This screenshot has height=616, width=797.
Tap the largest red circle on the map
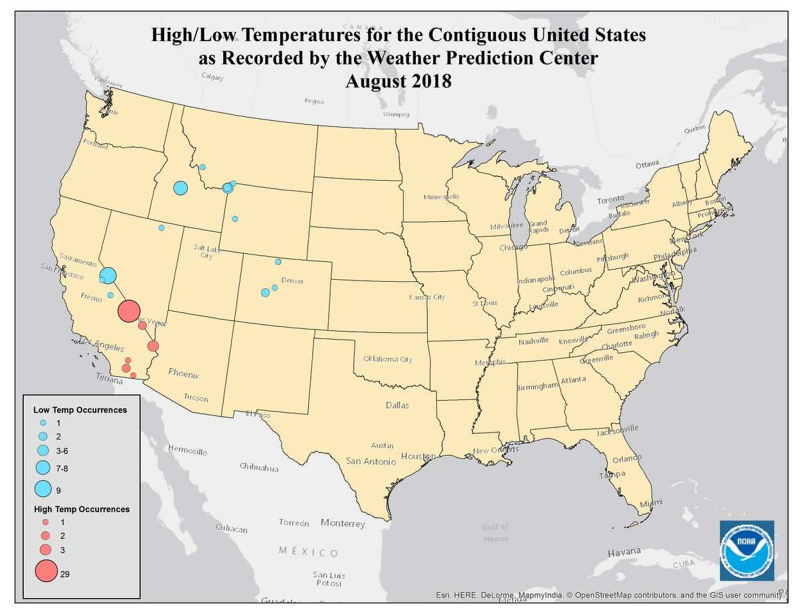coord(129,310)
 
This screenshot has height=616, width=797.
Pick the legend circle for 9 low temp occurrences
coord(43,489)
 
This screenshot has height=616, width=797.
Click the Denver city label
coord(292,281)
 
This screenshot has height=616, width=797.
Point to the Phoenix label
coord(184,374)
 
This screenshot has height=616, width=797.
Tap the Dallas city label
coord(397,405)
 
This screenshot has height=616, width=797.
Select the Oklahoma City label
coord(388,359)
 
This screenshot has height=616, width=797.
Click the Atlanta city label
coord(573,379)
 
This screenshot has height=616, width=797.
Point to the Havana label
coord(625,552)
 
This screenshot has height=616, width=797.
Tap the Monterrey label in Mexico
coord(343,524)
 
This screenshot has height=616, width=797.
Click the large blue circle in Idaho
coord(180,188)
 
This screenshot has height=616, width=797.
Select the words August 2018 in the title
coord(398,82)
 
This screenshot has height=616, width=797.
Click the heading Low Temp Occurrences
coord(80,410)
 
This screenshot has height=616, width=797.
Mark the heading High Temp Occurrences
coord(81,509)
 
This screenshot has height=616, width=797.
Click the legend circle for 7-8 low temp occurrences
coord(43,467)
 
